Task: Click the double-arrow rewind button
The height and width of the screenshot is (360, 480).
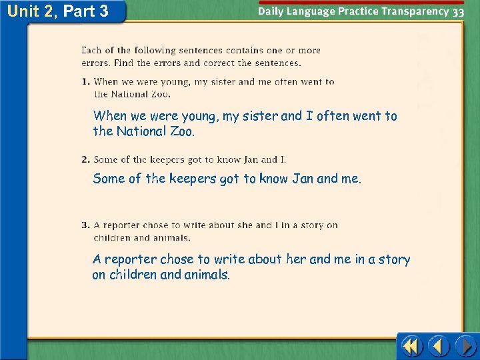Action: [x=412, y=347]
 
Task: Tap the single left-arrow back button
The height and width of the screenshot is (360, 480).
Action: [x=438, y=347]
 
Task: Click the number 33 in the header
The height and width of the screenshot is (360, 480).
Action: [x=458, y=11]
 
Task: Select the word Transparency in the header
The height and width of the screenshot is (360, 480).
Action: [x=417, y=11]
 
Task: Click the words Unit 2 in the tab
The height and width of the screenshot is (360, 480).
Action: [x=31, y=11]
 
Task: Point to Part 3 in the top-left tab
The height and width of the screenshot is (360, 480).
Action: [x=85, y=11]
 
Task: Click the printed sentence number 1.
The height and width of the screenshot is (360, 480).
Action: [x=86, y=82]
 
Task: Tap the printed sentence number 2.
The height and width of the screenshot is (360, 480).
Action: [x=86, y=159]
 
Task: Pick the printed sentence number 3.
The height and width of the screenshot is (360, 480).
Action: [x=86, y=225]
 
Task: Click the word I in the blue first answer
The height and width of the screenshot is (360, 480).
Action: [x=309, y=116]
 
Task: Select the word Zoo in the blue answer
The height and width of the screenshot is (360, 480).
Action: [x=181, y=131]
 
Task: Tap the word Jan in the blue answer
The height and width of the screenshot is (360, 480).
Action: [x=303, y=178]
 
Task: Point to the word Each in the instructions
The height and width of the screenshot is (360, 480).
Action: [x=91, y=50]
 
